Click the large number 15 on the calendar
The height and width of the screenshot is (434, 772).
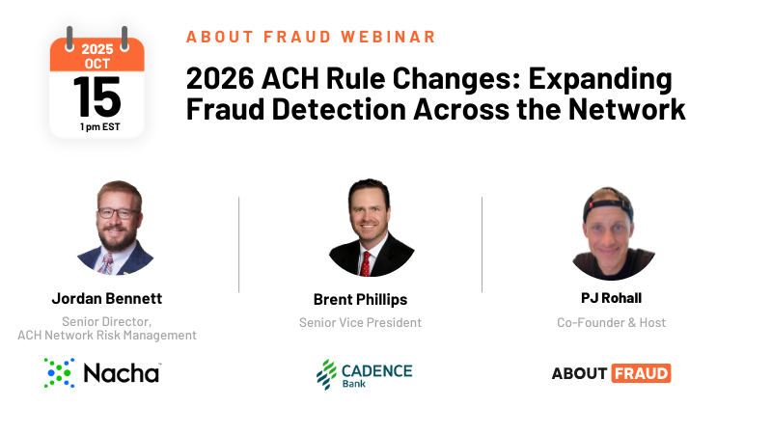point(96,96)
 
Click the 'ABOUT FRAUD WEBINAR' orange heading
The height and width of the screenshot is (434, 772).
point(311,37)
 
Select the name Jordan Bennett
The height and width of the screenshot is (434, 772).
point(107,298)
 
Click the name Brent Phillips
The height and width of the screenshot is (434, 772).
point(361,299)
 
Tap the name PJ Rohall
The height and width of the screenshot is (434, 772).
point(612,299)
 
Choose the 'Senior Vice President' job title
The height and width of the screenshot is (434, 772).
point(361,322)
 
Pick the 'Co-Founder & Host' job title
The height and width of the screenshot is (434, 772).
point(612,322)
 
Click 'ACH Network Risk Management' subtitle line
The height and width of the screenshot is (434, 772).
point(107,336)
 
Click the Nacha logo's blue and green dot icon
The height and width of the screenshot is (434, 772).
point(59,373)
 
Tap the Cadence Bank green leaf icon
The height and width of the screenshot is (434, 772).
point(326,374)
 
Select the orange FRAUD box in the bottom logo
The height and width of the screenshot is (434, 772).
point(641,373)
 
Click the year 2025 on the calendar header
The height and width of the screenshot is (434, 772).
point(97,47)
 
